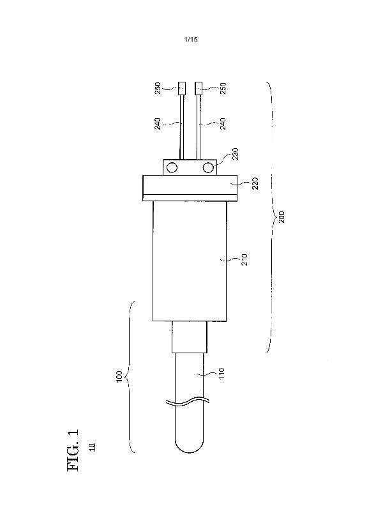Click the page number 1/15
pos(191,40)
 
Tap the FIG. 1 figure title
pos(73,450)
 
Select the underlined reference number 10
pos(93,446)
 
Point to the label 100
pos(119,376)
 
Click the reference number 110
pos(222,374)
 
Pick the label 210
pos(244,260)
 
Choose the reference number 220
pos(255,183)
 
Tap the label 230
pos(236,154)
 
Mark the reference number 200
pos(282,217)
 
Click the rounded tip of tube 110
pos(189,452)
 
